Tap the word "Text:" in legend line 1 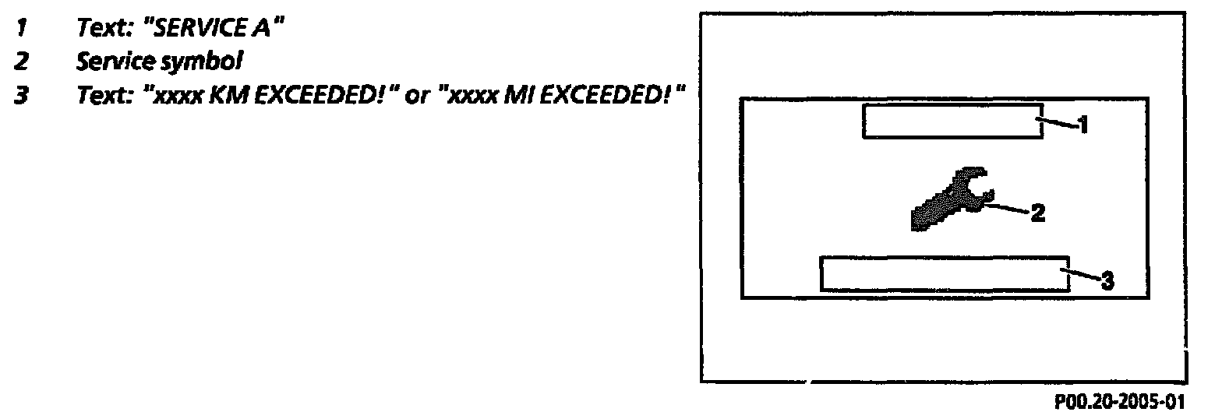click(x=101, y=29)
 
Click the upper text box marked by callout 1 click(x=952, y=121)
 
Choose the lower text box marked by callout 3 click(x=944, y=273)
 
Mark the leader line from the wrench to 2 click(x=1005, y=209)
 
